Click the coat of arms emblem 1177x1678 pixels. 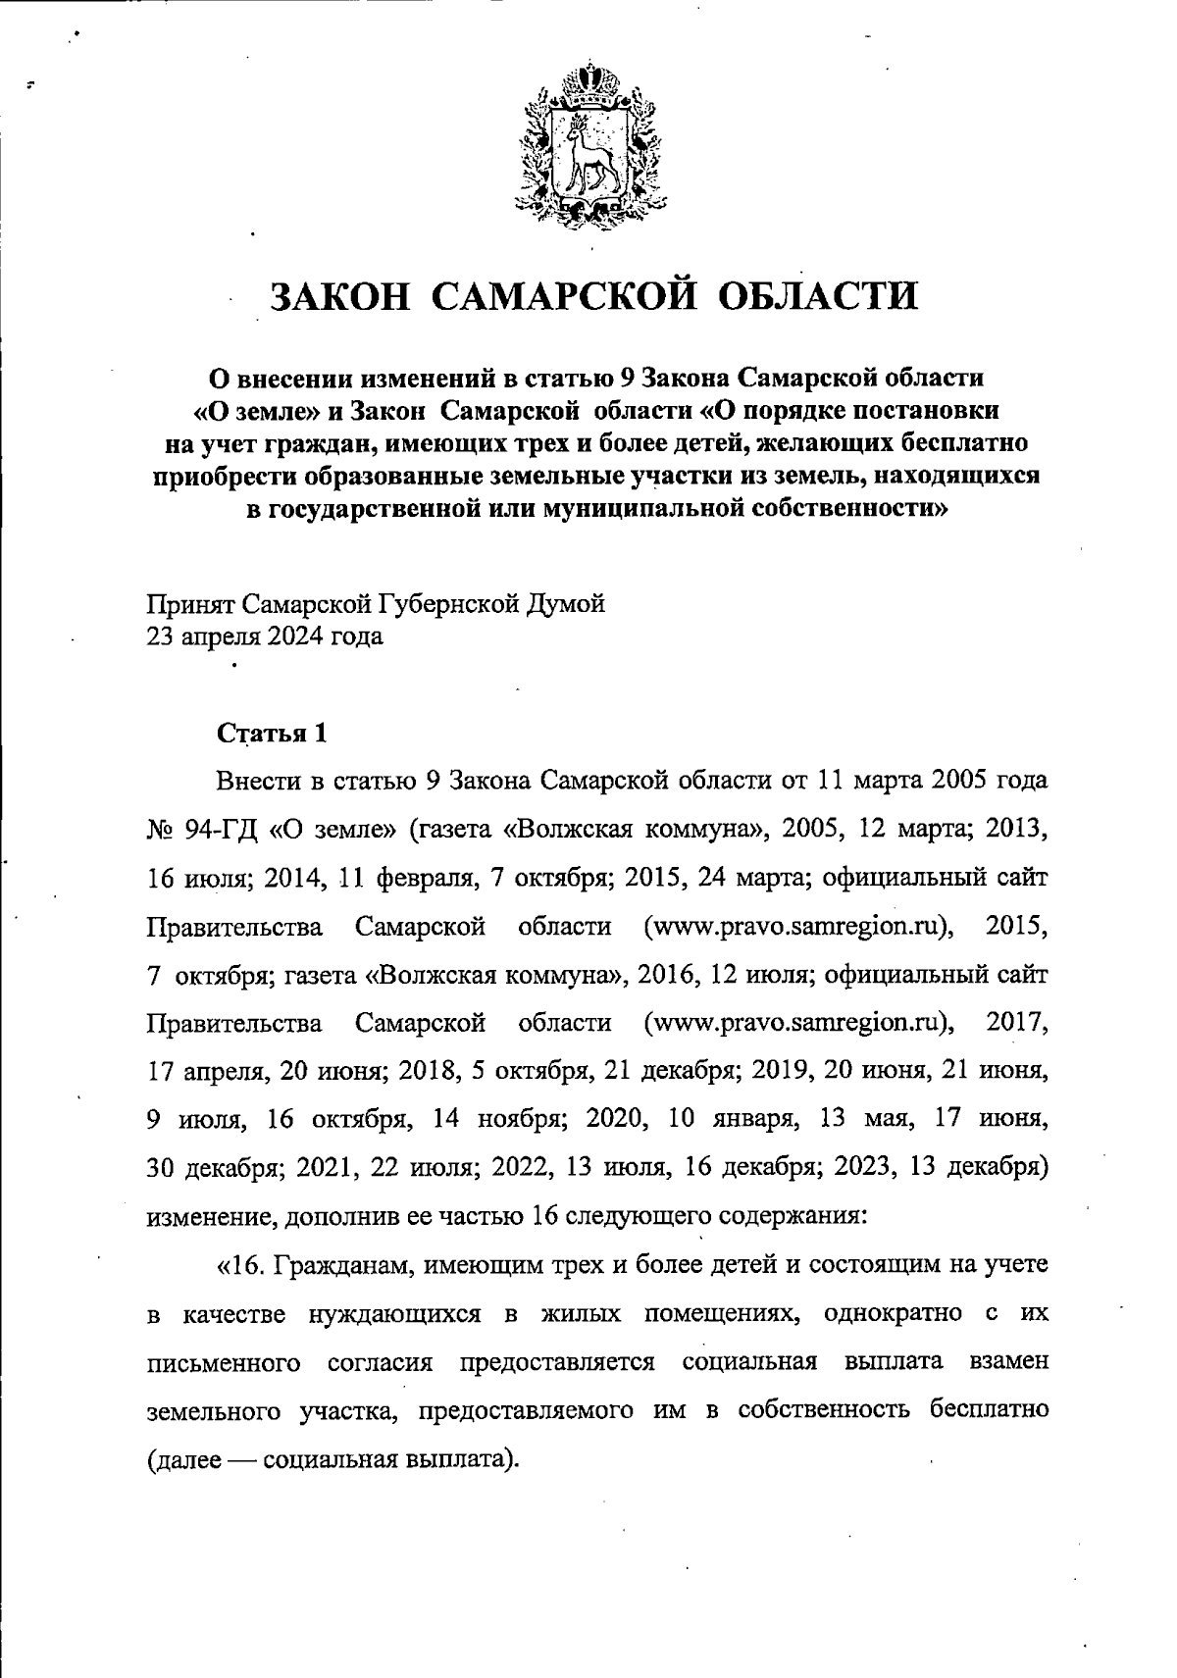[586, 139]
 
